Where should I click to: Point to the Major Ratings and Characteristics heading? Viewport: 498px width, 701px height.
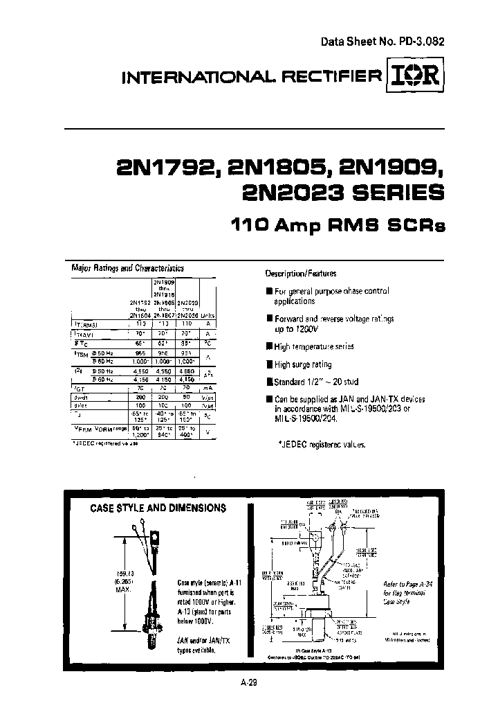click(x=128, y=267)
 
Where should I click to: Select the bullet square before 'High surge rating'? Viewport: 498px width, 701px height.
click(x=269, y=364)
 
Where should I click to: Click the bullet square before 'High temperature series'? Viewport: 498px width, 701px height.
click(x=269, y=346)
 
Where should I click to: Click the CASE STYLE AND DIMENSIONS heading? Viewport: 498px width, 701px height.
click(x=158, y=508)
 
